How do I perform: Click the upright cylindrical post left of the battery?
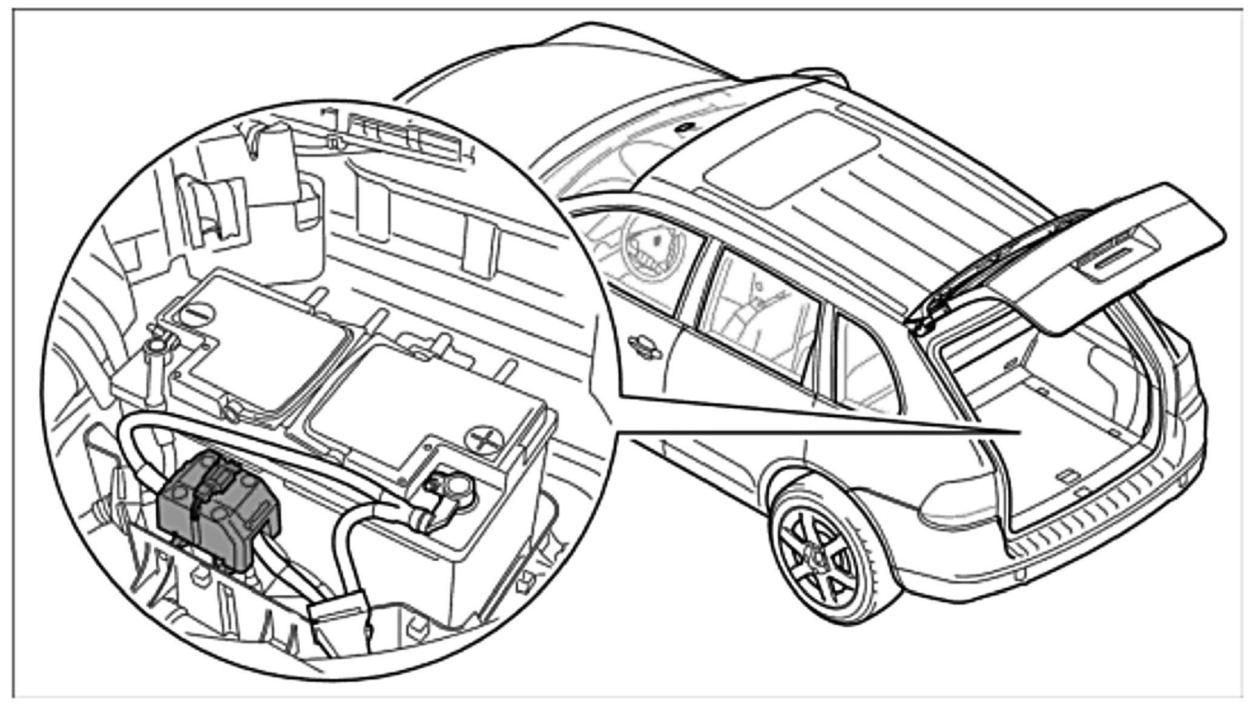pos(159,369)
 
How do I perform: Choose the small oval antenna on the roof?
pos(686,128)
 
